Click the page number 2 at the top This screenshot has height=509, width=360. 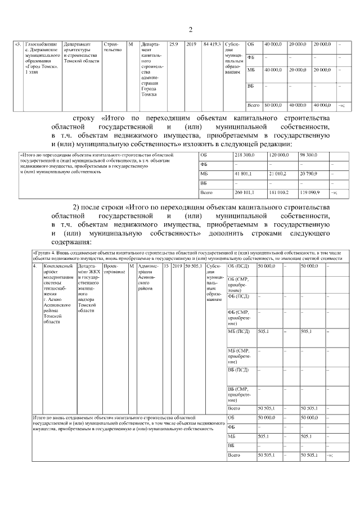pos(190,30)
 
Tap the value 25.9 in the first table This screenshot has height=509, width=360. pos(174,44)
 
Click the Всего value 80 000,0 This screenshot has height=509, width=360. pos(272,105)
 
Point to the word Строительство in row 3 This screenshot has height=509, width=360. pos(112,47)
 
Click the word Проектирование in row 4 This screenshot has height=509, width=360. pos(115,268)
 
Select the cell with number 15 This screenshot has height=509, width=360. pos(166,265)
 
